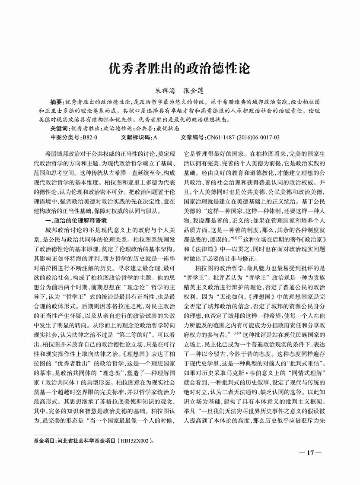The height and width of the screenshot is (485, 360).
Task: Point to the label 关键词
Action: (59, 128)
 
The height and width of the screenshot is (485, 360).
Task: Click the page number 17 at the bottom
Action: (309, 453)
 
